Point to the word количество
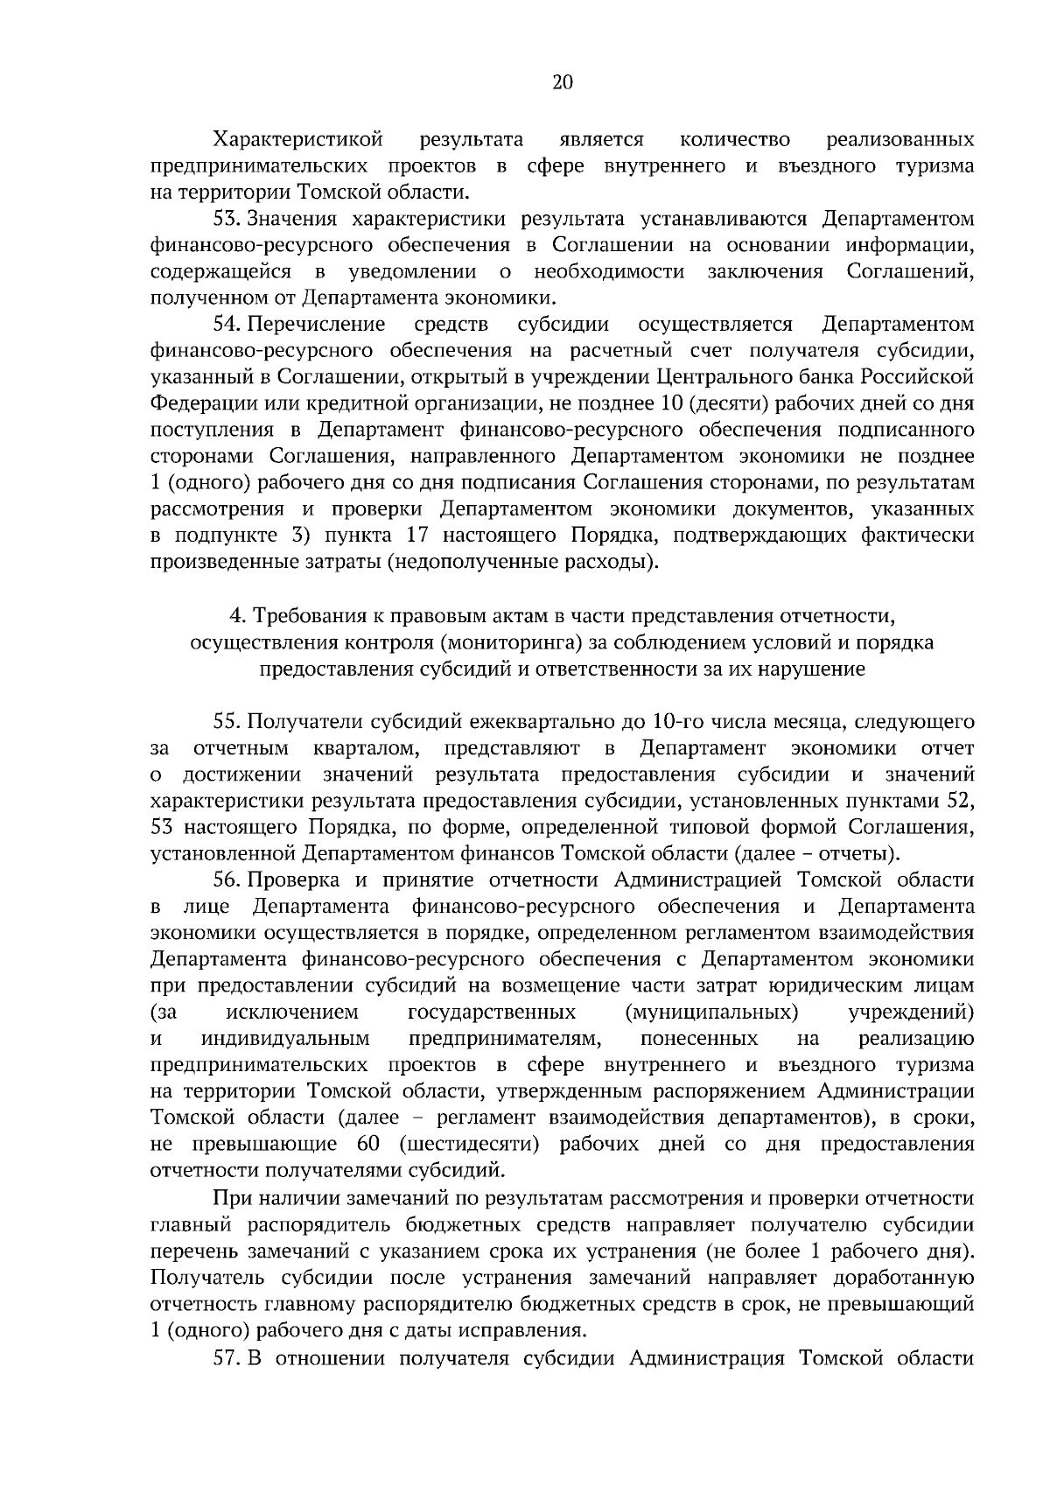[734, 140]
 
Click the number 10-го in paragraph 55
[681, 723]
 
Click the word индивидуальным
[285, 1039]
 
